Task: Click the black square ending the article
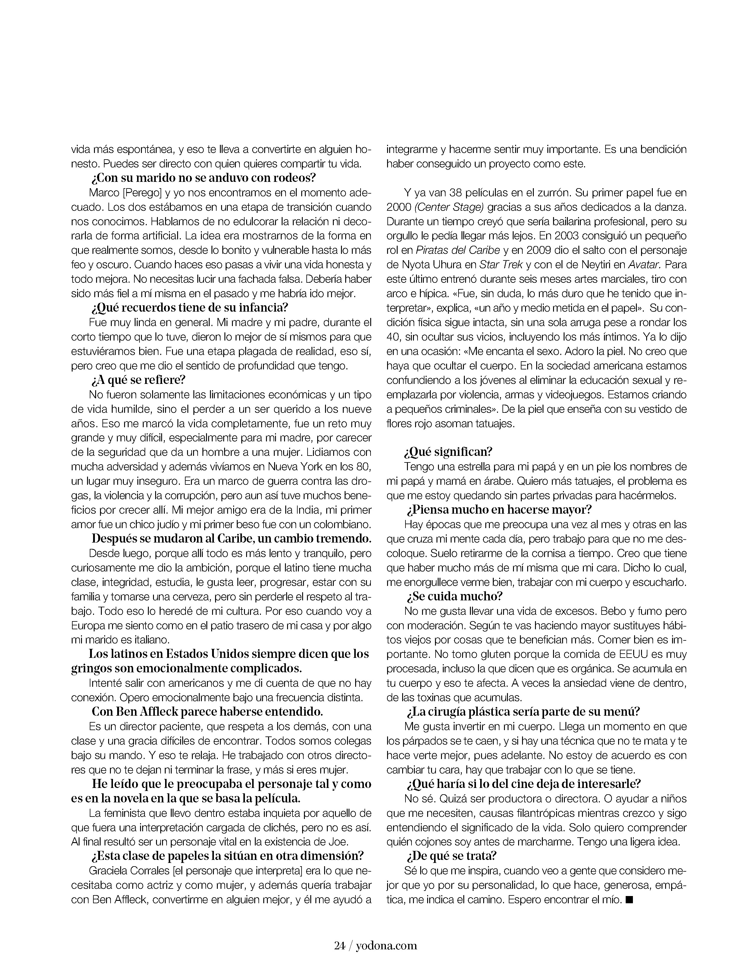click(629, 900)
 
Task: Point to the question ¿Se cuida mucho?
click(454, 596)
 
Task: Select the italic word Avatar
click(644, 265)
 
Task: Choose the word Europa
click(87, 625)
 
